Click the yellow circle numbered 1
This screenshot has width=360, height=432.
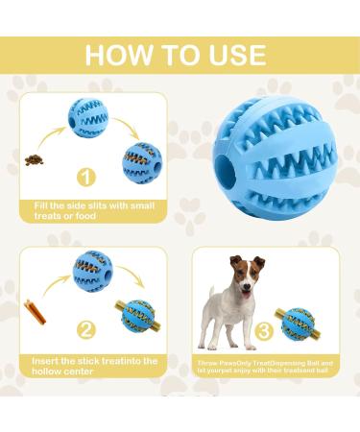coord(87,178)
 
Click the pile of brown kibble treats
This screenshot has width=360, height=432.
coord(35,158)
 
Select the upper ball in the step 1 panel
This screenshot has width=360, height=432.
coord(88,117)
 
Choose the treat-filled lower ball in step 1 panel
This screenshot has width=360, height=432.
coord(142,161)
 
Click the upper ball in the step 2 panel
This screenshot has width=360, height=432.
coord(92,270)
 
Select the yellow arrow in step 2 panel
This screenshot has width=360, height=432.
coord(133,277)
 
